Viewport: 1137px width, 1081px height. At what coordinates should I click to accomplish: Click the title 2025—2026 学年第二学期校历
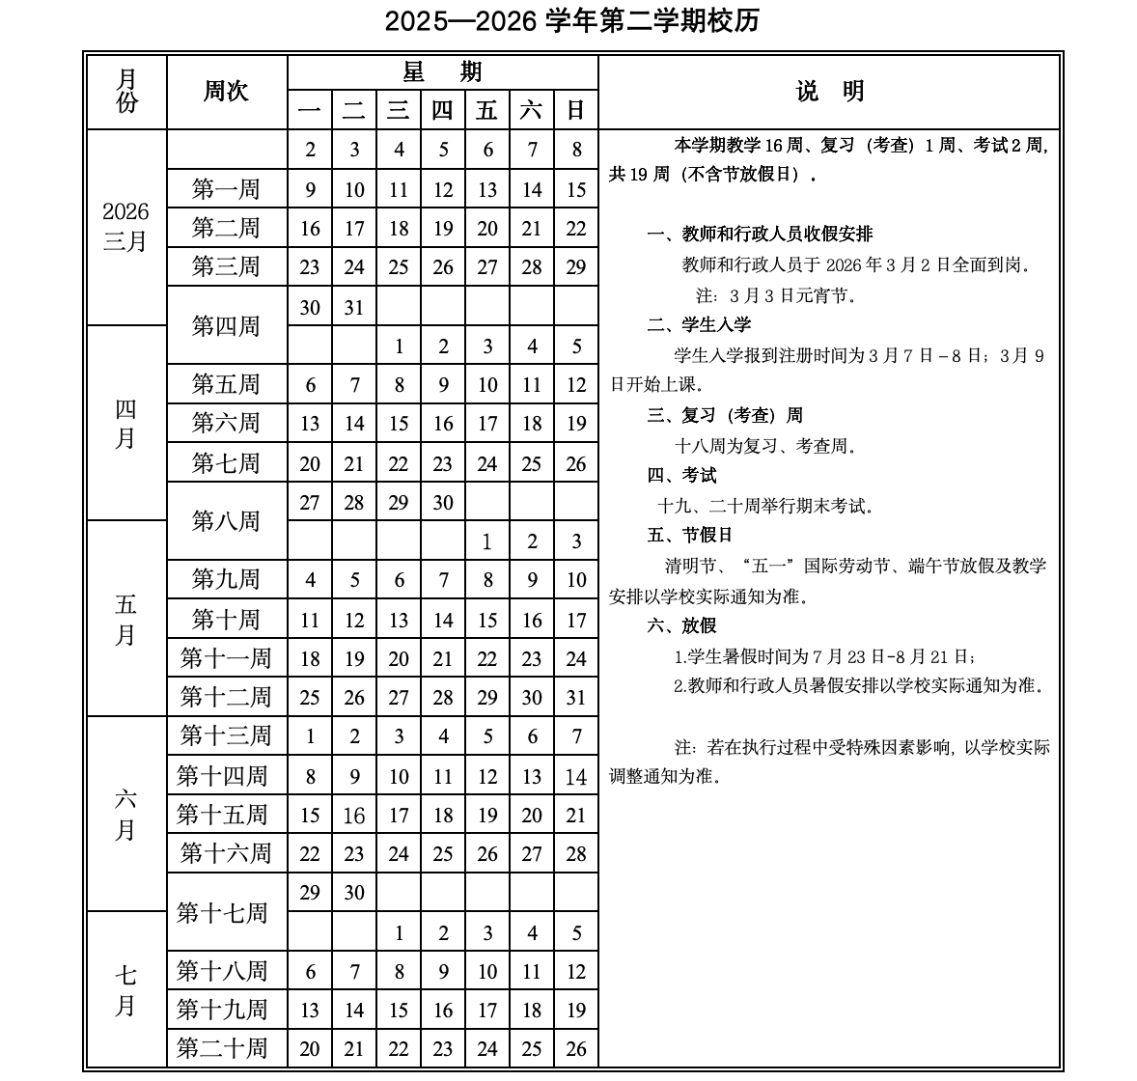(571, 21)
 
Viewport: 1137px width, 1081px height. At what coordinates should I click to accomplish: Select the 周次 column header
(226, 92)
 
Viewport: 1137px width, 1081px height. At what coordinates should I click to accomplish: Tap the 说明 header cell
(830, 92)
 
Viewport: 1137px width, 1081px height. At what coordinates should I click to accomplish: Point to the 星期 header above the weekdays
(442, 72)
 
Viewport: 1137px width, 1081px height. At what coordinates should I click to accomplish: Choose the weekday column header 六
(531, 110)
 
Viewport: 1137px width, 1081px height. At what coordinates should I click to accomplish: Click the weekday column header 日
(576, 110)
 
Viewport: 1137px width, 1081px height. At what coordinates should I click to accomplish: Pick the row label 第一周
(226, 189)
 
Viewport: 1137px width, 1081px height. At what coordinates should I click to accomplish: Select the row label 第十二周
(226, 697)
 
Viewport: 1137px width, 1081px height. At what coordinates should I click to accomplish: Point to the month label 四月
(125, 424)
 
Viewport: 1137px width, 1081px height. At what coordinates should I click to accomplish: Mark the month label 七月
(125, 990)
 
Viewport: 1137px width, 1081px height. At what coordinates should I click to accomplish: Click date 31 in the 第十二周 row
(576, 697)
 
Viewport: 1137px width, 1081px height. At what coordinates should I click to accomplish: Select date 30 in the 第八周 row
(443, 502)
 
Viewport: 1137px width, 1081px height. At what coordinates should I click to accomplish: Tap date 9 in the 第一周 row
(310, 189)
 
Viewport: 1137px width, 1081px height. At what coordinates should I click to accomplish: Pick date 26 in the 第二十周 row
(576, 1048)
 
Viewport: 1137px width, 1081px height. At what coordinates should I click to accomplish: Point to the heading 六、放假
(681, 625)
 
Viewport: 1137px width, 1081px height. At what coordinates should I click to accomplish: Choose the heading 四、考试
(681, 475)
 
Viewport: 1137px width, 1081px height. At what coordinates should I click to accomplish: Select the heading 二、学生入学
(699, 324)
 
